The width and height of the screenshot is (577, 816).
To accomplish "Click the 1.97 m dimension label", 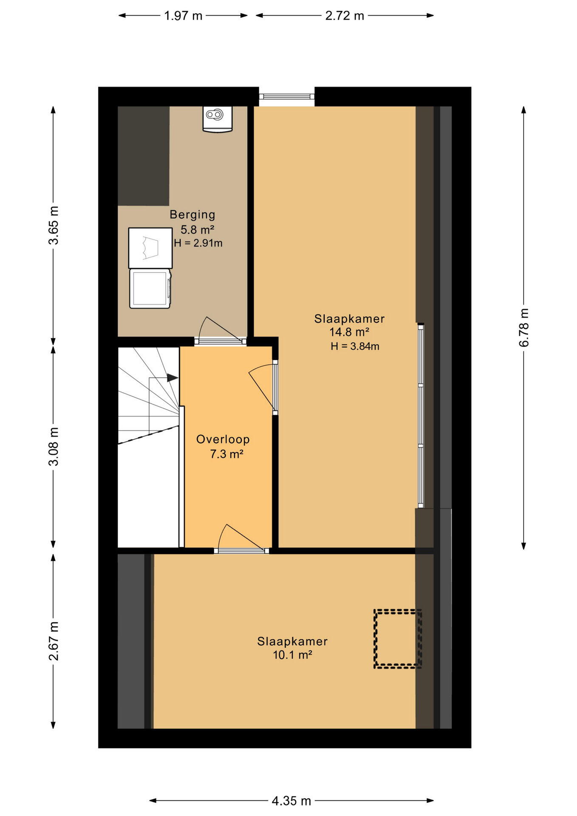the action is [x=183, y=16].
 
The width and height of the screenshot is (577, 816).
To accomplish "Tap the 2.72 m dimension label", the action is [x=345, y=16].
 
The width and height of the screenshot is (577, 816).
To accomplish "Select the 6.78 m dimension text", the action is [x=524, y=327].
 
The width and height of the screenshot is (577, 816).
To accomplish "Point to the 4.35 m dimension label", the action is [x=291, y=801].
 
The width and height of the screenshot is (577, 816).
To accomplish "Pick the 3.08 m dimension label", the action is [x=54, y=446].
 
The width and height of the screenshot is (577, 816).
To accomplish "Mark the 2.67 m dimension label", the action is [x=54, y=641].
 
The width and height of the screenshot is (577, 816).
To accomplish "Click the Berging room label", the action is [x=192, y=215].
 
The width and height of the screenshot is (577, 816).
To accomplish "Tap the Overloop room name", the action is [x=223, y=439].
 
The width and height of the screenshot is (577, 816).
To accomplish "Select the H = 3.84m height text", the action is [x=355, y=346].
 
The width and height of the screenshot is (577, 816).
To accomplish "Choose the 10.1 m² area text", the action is [x=292, y=655].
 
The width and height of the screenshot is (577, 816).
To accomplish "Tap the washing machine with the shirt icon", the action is [x=150, y=248].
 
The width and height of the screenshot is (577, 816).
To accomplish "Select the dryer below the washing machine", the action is [x=150, y=289].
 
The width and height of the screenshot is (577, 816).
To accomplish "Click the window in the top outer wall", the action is [x=287, y=96].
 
